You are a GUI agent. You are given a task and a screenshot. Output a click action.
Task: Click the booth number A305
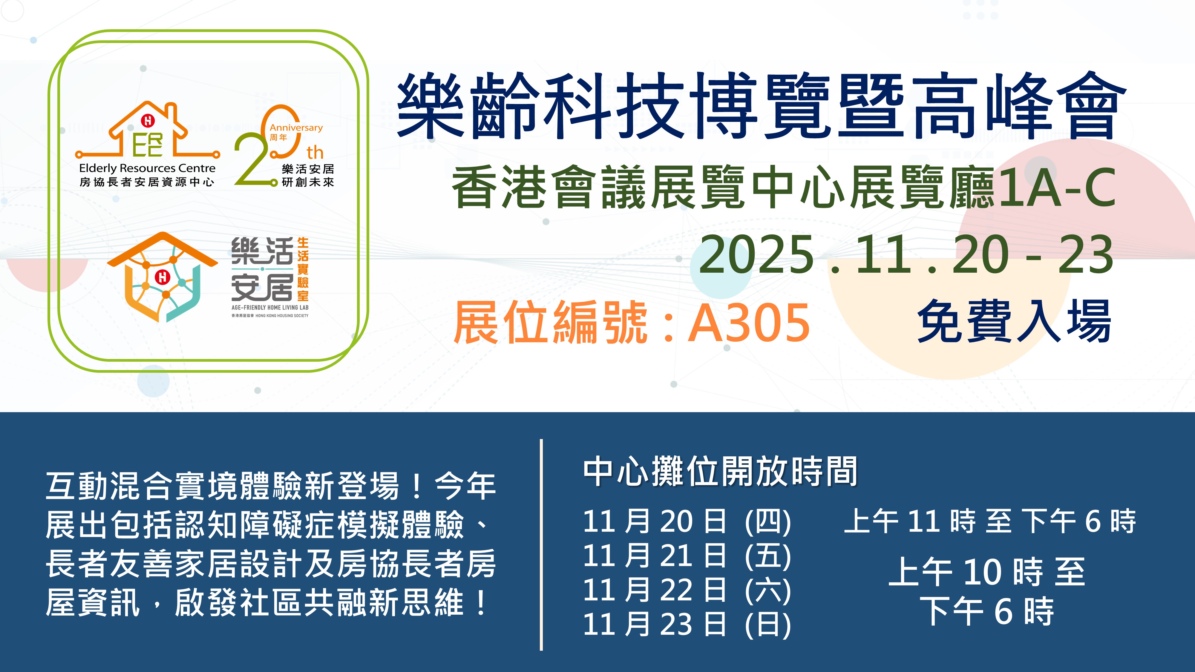tap(749, 322)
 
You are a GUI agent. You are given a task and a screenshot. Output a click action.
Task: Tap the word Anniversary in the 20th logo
tap(296, 128)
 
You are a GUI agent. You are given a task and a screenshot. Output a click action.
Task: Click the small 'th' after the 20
tap(315, 152)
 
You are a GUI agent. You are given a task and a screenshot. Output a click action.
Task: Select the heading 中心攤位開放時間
tap(720, 472)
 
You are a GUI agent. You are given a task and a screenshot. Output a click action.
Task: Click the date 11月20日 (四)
tap(687, 521)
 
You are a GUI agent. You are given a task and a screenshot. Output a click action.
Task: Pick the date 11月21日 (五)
tap(687, 556)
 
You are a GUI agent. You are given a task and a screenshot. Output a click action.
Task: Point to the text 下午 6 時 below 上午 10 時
tap(987, 611)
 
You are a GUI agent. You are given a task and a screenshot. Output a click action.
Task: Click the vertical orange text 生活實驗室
tap(303, 269)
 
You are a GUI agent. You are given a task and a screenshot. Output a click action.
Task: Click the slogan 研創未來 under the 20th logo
tap(308, 182)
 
